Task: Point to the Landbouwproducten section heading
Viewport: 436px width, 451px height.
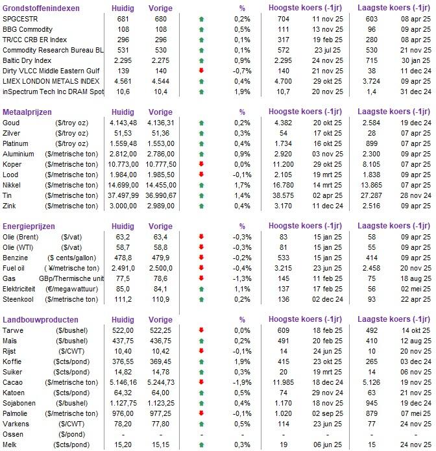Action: (40, 320)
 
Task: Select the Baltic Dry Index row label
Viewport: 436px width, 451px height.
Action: (27, 60)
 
